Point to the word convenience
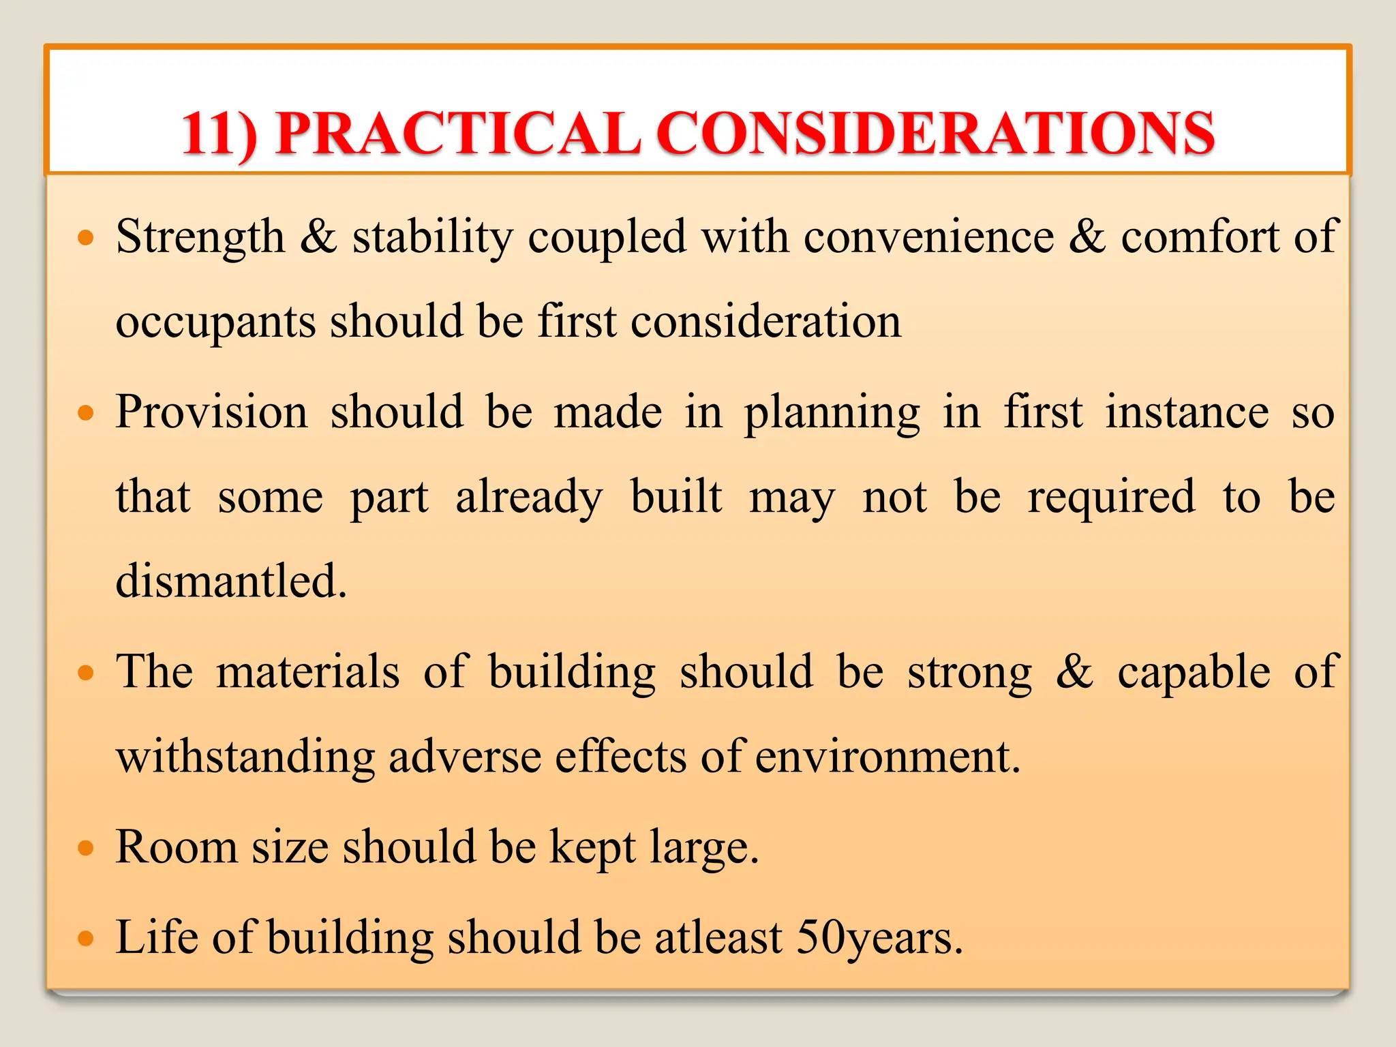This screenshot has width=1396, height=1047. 928,237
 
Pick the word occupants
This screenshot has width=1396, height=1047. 215,322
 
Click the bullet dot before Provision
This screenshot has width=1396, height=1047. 85,413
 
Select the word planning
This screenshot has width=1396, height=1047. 832,413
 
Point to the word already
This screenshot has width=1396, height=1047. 529,498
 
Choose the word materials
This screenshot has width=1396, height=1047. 308,672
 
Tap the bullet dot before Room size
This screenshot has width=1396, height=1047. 85,848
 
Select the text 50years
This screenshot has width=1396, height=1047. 879,938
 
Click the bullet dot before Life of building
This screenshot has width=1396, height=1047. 85,939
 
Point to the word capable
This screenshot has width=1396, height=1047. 1194,672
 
